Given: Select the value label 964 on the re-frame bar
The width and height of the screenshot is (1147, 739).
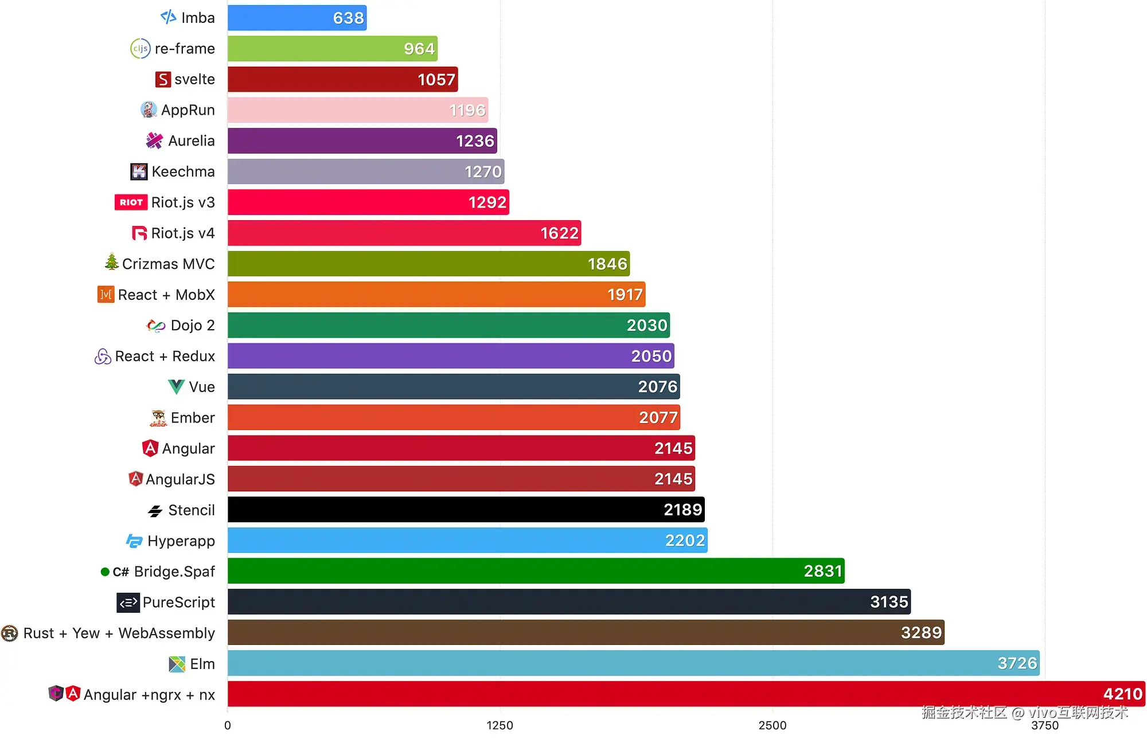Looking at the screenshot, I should click(419, 49).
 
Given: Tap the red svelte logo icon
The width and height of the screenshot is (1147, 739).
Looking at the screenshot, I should click(163, 79).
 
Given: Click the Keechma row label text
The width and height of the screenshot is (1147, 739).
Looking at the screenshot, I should click(183, 171).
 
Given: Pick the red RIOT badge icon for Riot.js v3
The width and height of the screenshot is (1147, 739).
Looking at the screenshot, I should click(131, 202).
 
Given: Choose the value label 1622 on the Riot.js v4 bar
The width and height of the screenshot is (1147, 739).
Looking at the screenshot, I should click(559, 233).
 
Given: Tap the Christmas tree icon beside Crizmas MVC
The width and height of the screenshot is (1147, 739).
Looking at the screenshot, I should click(112, 263).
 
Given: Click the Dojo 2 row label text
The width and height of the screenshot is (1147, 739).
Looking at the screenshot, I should click(193, 326).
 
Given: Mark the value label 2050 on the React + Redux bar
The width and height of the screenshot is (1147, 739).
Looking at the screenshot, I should click(651, 356).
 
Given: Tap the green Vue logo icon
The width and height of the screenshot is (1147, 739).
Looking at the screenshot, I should click(176, 387).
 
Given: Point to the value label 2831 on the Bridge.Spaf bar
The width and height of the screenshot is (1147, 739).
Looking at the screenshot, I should click(822, 571).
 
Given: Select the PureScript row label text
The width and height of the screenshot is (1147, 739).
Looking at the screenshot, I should click(179, 602).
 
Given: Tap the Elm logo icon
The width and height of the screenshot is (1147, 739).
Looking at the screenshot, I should click(177, 664).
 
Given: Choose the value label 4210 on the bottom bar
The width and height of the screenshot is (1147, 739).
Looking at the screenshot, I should click(1122, 694).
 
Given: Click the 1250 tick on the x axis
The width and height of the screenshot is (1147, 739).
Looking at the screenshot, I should click(500, 725).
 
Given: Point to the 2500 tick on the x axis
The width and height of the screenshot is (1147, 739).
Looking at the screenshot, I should click(772, 725).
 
